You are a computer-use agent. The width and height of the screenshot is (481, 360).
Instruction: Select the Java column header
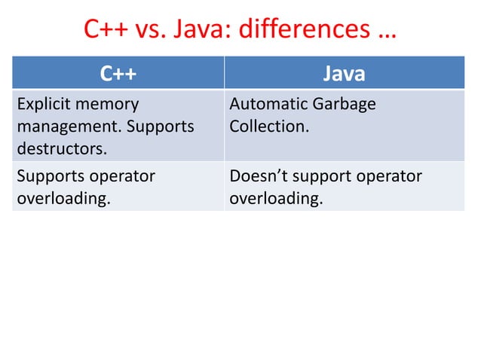(344, 74)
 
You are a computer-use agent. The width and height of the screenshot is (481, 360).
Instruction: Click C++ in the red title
(103, 31)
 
